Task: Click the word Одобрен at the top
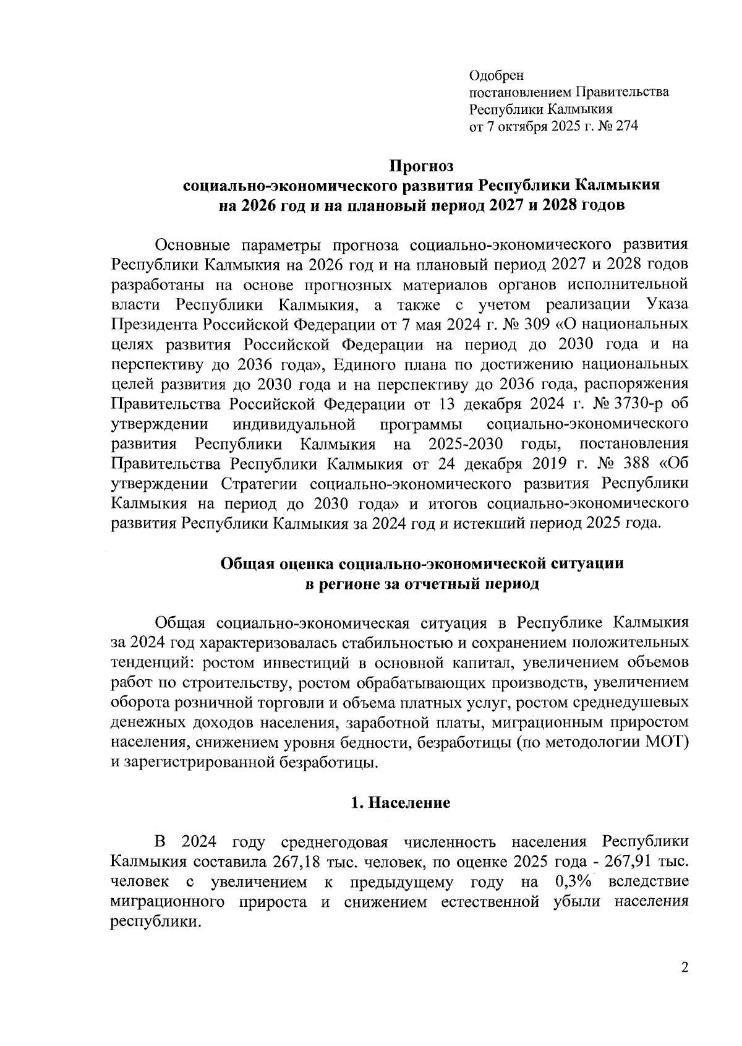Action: point(496,75)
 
